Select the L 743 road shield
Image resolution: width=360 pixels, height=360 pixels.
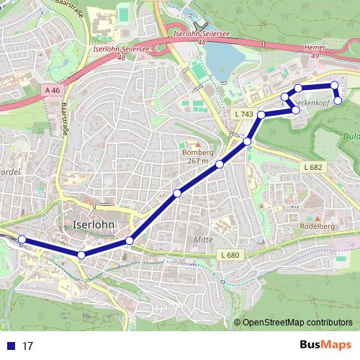click(244, 114)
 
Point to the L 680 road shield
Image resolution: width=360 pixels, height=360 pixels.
click(228, 255)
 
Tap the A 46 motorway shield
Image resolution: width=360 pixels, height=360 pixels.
click(52, 91)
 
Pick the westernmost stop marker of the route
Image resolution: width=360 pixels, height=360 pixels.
click(22, 240)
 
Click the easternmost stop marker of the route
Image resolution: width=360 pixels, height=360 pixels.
click(338, 100)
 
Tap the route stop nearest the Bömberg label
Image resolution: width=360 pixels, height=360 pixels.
click(220, 165)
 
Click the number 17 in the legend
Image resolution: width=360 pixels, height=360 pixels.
click(28, 346)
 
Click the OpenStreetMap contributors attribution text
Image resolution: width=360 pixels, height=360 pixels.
click(297, 323)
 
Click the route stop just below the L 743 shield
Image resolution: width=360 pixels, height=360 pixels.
click(247, 142)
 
